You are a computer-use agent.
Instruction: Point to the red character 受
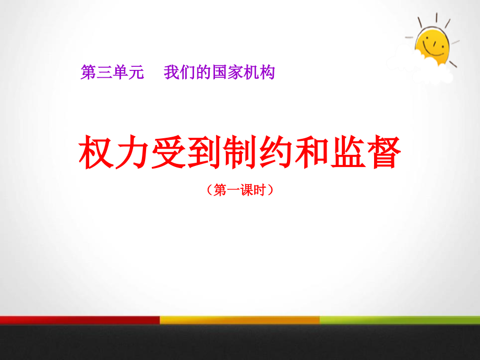coord(169,152)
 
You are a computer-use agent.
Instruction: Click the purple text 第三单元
coord(112,73)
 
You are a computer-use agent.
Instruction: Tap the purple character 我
coord(172,73)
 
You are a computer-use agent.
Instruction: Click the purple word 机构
coord(259,73)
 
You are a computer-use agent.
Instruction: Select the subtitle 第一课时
coord(239,190)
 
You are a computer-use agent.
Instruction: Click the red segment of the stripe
coord(80,320)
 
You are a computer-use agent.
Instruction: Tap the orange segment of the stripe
coord(239,320)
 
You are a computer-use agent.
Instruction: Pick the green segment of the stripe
coord(400,320)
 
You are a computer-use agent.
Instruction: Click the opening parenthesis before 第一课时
coord(210,190)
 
